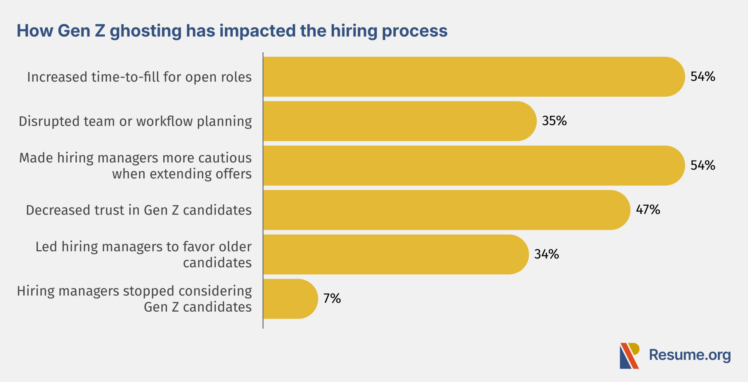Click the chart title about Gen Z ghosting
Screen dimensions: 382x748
tap(232, 31)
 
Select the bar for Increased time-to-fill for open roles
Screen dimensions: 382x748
tap(473, 77)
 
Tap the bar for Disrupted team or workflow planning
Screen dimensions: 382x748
tap(400, 121)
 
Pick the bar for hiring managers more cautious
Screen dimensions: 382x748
tap(473, 165)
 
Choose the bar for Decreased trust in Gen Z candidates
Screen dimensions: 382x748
tap(446, 210)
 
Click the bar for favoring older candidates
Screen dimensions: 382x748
tap(396, 254)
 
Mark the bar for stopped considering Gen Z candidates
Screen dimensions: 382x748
tap(290, 299)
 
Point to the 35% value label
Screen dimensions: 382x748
tap(554, 121)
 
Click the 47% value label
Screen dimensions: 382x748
tap(648, 210)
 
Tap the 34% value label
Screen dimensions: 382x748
tap(546, 254)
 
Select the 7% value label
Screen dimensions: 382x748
tap(332, 299)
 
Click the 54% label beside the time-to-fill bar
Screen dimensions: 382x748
tap(703, 77)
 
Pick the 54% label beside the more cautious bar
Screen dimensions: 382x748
tap(703, 165)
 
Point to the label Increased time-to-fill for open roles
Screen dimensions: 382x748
tap(139, 77)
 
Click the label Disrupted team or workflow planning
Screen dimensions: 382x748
tap(135, 121)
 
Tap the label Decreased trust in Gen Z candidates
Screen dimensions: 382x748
tap(139, 210)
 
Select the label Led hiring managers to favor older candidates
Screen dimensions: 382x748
tap(143, 255)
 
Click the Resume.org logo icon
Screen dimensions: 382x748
tap(629, 355)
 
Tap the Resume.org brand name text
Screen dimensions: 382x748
tap(690, 355)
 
